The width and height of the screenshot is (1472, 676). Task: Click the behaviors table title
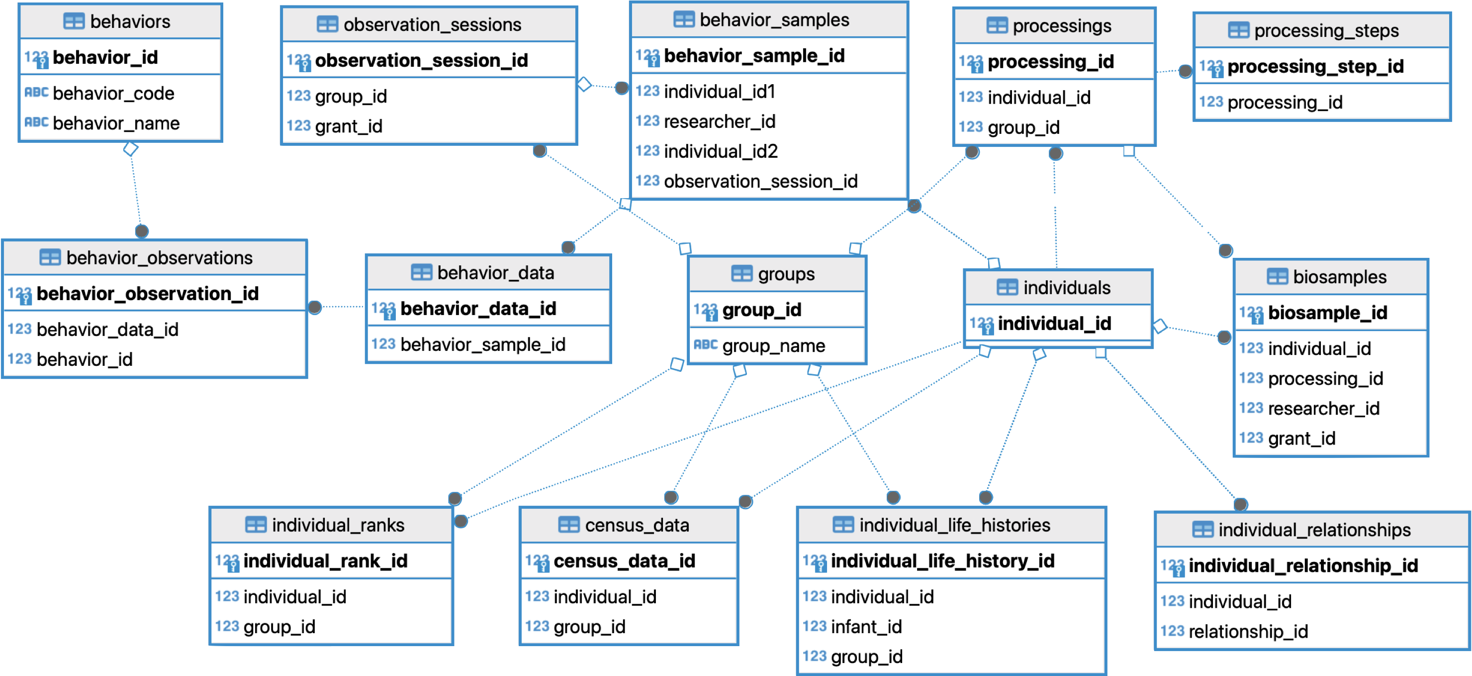(x=130, y=22)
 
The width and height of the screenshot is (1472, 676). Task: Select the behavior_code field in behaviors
(x=113, y=93)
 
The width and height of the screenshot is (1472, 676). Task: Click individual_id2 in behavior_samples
(x=720, y=151)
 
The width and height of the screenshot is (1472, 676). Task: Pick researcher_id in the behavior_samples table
(x=719, y=122)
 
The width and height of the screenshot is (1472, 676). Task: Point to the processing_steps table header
(x=1326, y=31)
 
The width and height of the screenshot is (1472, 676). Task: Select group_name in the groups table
(x=773, y=346)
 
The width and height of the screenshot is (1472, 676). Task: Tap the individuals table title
(x=1066, y=288)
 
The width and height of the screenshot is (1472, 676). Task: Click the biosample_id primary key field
(x=1327, y=313)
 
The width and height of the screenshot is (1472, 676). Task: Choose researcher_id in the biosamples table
(x=1323, y=408)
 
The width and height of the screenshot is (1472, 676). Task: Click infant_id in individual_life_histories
(x=866, y=627)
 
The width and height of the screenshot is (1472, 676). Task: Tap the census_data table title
(x=637, y=525)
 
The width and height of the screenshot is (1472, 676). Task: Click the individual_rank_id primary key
(x=325, y=561)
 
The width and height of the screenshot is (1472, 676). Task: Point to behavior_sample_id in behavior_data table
(x=482, y=345)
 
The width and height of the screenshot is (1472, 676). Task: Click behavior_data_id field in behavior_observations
(x=107, y=330)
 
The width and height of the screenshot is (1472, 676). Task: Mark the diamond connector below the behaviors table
(x=131, y=149)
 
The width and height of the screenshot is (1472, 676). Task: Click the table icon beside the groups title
(x=741, y=274)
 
